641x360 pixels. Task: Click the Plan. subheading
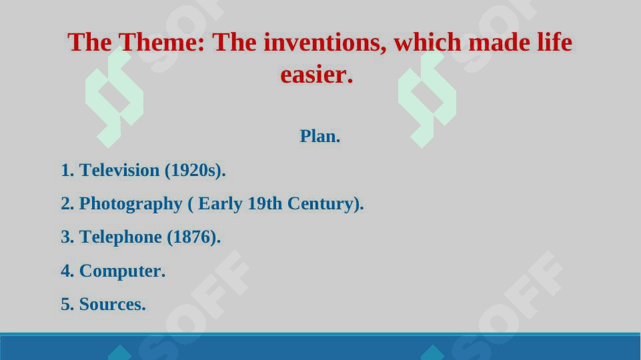pos(319,136)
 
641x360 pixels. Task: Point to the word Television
pos(119,170)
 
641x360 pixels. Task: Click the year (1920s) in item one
pos(195,171)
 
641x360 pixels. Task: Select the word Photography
pos(131,204)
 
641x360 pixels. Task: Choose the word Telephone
pos(121,237)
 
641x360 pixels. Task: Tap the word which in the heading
pos(427,43)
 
